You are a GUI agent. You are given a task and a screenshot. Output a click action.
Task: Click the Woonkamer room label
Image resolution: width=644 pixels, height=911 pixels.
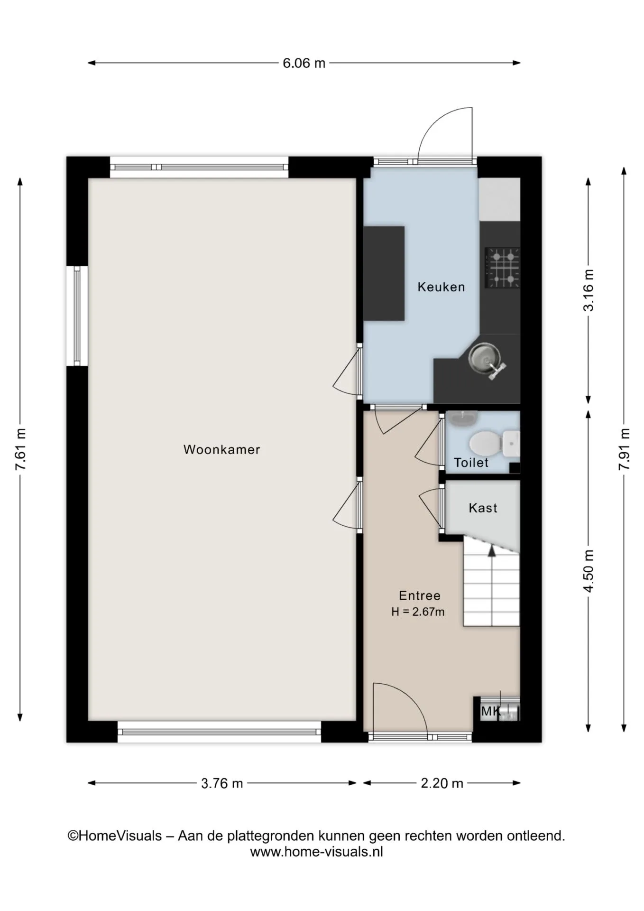click(221, 449)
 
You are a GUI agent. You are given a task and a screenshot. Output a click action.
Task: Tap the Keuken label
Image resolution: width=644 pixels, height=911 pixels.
click(441, 287)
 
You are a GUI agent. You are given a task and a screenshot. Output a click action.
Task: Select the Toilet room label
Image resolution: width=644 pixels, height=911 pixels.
click(471, 463)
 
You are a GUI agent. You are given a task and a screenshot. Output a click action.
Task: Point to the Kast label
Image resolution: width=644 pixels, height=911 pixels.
click(483, 508)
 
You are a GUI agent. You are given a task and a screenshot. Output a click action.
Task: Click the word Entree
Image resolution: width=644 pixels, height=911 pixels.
click(420, 595)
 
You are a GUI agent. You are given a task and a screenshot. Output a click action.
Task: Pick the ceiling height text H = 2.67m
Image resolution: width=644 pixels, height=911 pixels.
click(418, 612)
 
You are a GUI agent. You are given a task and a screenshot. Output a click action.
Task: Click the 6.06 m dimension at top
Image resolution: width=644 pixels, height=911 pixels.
click(304, 63)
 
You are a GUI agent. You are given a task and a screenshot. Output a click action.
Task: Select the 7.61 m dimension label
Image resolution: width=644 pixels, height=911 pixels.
click(20, 449)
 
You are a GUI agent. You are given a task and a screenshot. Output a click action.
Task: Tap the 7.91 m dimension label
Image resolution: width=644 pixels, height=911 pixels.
click(624, 449)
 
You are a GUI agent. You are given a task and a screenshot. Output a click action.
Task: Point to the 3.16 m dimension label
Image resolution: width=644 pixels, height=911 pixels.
click(589, 290)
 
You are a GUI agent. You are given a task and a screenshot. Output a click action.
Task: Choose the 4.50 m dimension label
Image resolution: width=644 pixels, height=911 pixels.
click(589, 571)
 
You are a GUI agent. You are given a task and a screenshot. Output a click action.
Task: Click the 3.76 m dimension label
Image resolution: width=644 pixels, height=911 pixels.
click(222, 783)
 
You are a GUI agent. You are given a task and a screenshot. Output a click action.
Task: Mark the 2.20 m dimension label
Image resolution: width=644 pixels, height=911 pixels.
click(442, 783)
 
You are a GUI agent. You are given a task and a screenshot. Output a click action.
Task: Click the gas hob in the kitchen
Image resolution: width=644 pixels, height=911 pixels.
click(502, 268)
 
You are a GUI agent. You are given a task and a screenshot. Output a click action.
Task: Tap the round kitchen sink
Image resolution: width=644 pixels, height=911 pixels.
click(484, 357)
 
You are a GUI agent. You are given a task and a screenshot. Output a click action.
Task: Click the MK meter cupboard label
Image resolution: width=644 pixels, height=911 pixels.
click(491, 711)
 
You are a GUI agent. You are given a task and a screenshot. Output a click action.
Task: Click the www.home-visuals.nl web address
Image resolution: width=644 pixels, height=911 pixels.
click(316, 852)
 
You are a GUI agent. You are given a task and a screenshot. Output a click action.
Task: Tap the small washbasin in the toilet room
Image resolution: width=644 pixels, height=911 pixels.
click(462, 418)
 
